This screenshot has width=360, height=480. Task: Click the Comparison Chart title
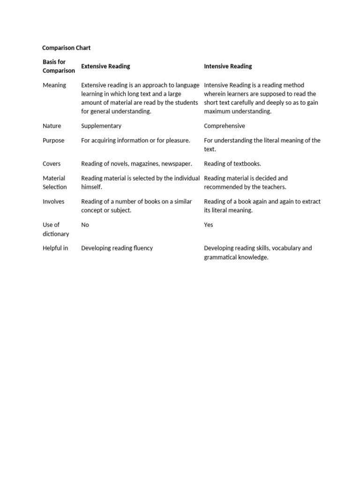tap(66, 48)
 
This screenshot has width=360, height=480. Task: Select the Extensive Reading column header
tap(105, 66)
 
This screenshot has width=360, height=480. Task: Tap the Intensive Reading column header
tap(228, 66)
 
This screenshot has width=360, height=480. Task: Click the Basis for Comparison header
tap(58, 66)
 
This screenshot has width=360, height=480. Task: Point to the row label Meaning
tap(54, 85)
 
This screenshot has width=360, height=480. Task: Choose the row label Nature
tap(52, 126)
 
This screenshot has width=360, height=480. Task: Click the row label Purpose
tap(53, 140)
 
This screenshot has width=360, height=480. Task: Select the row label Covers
tap(52, 164)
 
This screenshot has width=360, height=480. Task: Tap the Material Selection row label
tap(54, 182)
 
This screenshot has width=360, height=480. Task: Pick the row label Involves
tap(53, 201)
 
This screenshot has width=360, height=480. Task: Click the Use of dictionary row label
tap(55, 229)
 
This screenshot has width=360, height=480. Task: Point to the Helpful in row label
tap(55, 248)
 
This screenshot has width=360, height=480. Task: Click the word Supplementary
tap(101, 126)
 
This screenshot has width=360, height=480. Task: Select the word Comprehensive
tap(225, 126)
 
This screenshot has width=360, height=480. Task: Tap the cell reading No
tap(85, 225)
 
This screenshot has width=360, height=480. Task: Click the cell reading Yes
tap(209, 225)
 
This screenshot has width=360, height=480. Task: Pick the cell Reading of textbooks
tap(232, 164)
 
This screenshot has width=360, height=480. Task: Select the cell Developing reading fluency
tap(117, 248)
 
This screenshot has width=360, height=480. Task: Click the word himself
tap(91, 187)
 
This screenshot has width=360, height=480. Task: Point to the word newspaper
tap(176, 164)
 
